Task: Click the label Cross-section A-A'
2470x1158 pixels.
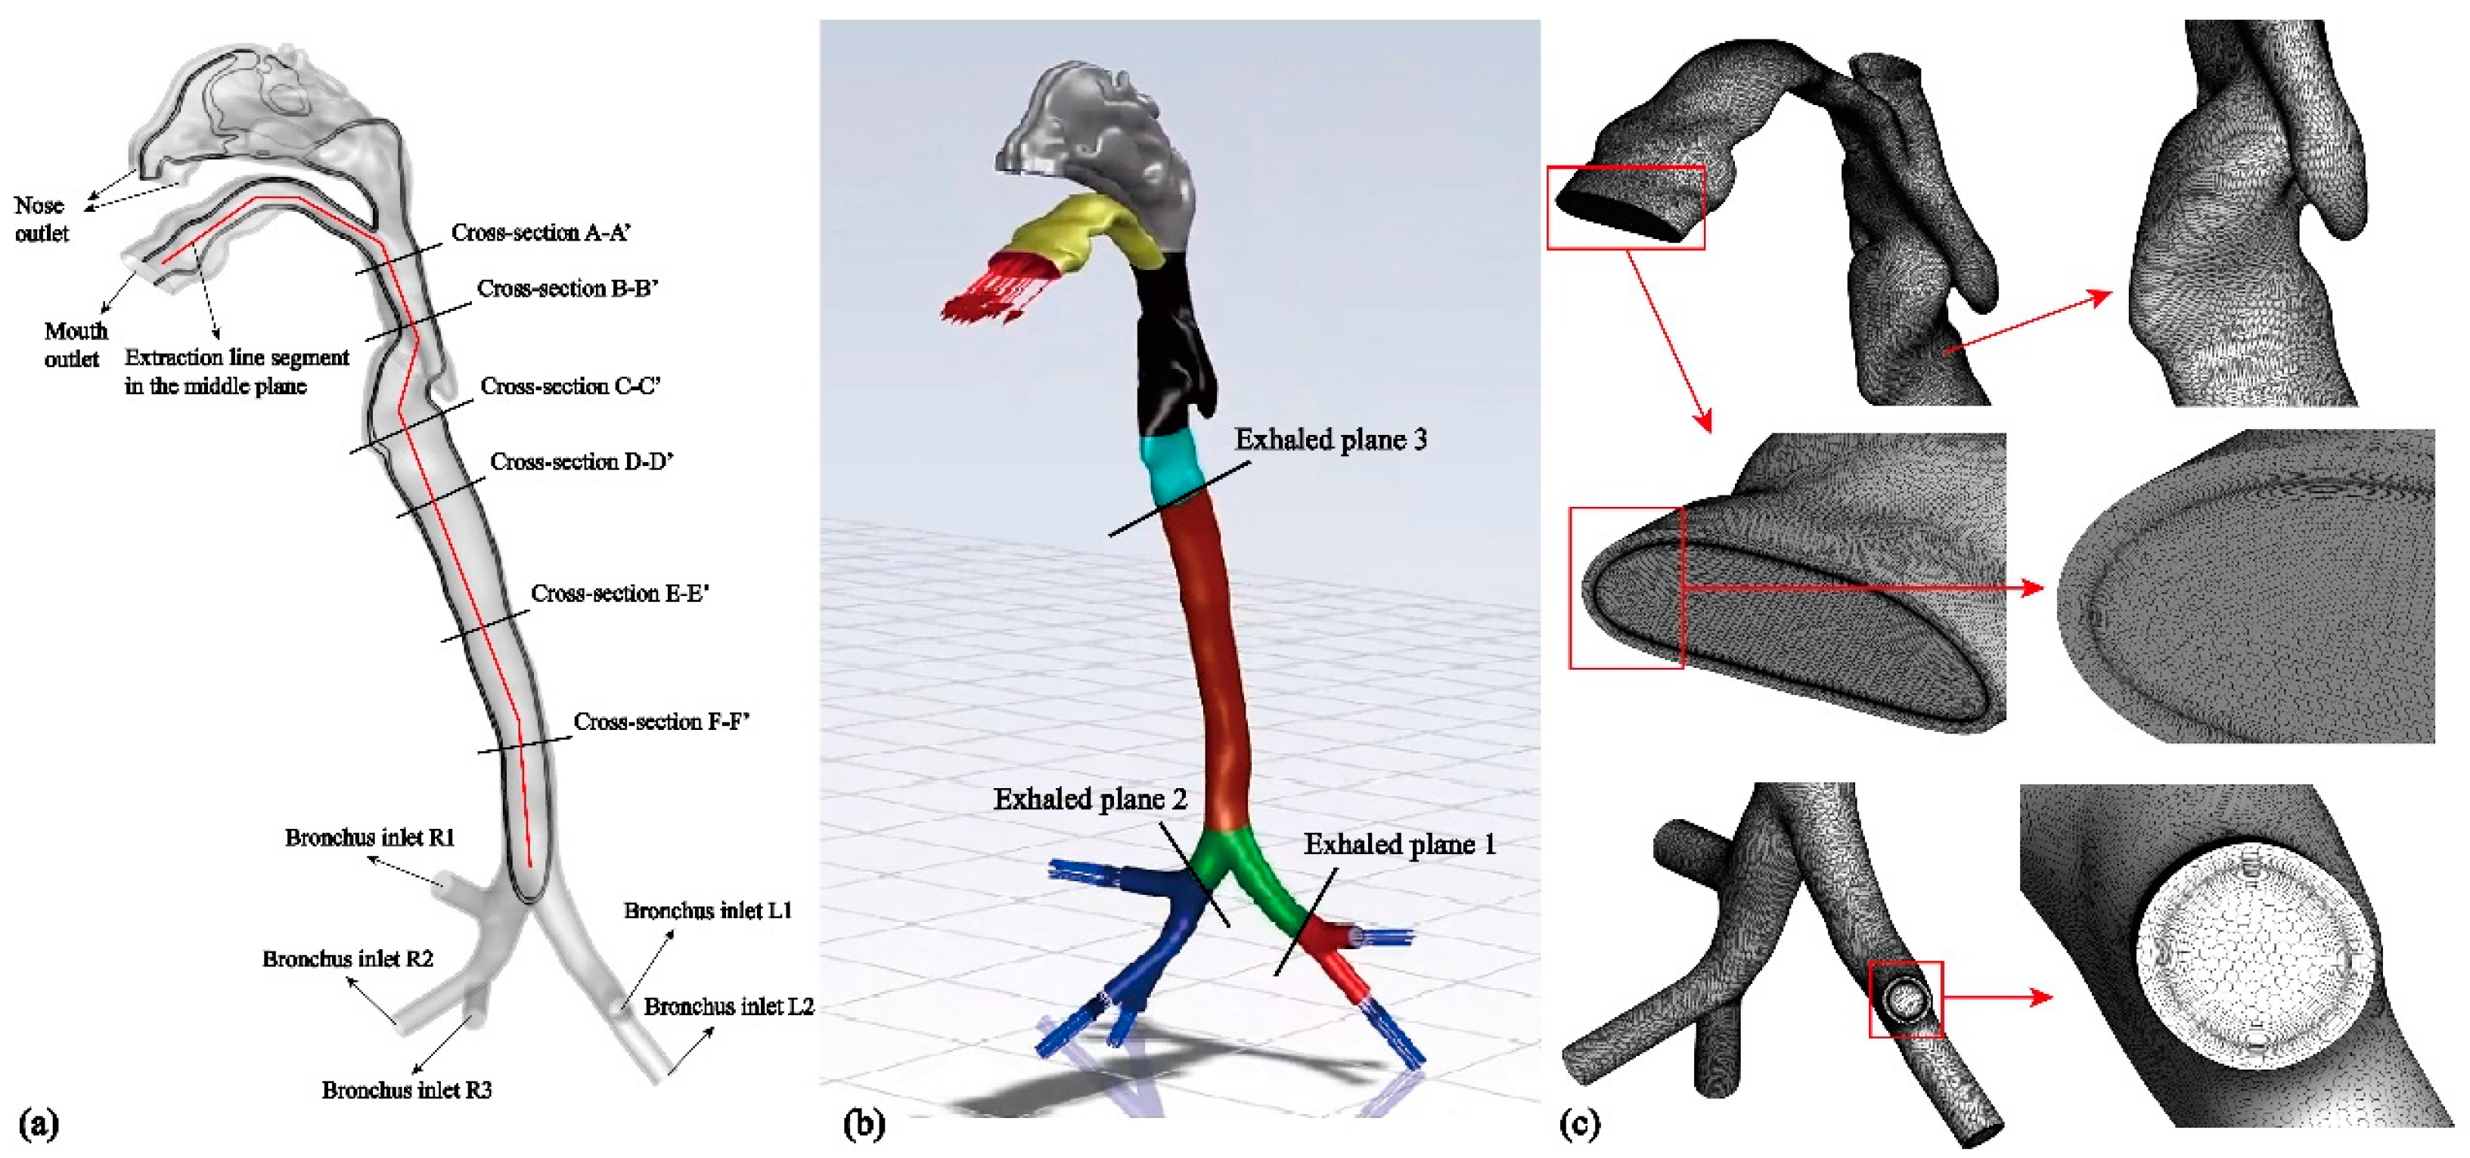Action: click(541, 233)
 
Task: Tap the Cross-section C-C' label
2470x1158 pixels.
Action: click(569, 387)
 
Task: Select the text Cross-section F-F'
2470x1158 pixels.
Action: click(661, 722)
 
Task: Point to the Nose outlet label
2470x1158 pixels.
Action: click(40, 219)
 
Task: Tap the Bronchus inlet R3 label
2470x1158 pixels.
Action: click(407, 1090)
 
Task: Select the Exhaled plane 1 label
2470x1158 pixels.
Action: click(1399, 845)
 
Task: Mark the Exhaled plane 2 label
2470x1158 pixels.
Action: click(1089, 799)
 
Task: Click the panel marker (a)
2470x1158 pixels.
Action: click(39, 1123)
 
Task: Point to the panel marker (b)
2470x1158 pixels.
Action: click(863, 1123)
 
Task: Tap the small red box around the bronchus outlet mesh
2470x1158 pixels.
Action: click(1905, 999)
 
